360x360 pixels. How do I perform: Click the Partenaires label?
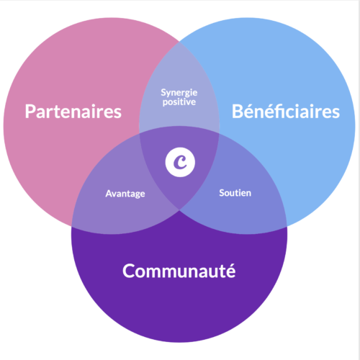[73, 112]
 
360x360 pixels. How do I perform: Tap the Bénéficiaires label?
[286, 111]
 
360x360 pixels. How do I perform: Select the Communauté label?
[179, 271]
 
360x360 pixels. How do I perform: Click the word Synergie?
[179, 93]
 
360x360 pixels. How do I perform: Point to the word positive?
[179, 102]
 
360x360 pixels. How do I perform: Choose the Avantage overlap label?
[125, 194]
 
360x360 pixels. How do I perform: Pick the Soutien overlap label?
[235, 193]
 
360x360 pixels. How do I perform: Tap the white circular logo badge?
[180, 162]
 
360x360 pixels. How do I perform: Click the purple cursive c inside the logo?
[180, 162]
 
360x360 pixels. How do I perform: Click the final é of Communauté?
[230, 271]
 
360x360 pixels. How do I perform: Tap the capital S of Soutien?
[222, 193]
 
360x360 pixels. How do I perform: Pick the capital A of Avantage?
[109, 194]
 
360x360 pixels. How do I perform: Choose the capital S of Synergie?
[163, 92]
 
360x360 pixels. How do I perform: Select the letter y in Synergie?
[169, 94]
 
